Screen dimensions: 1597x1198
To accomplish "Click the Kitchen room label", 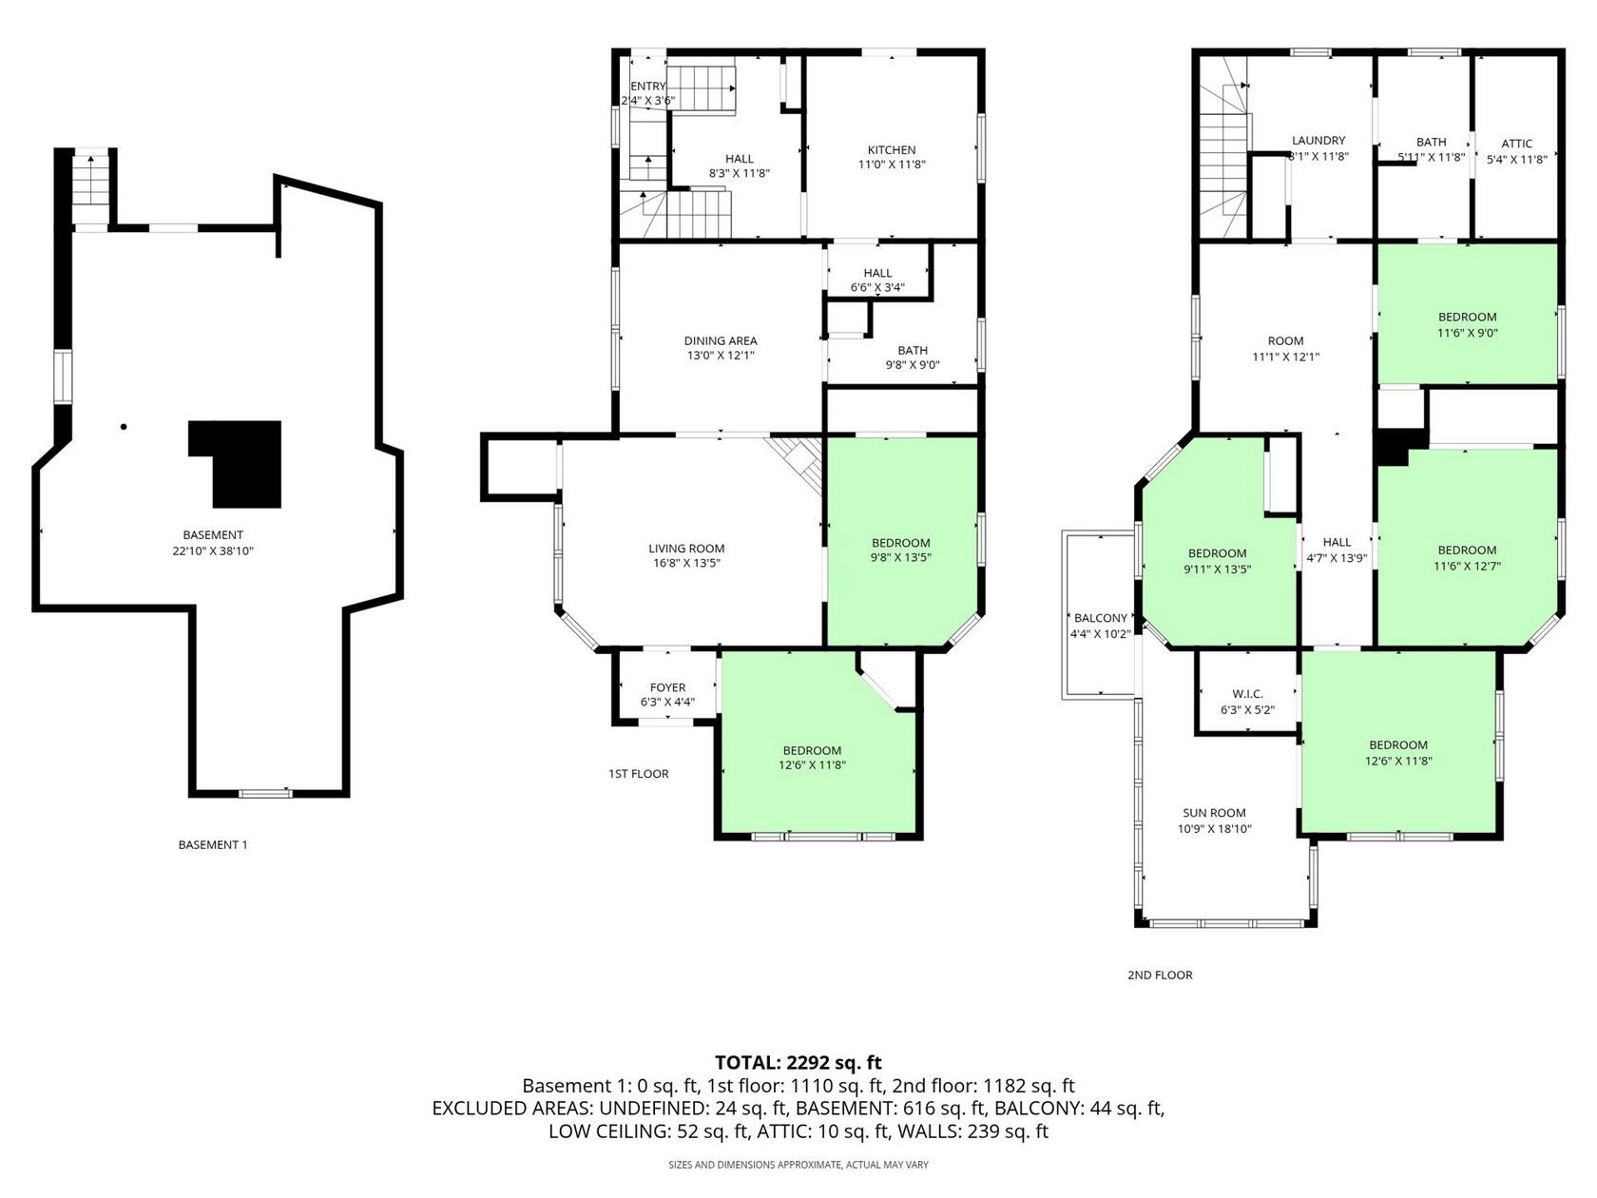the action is tap(892, 150).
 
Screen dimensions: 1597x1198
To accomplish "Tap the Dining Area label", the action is tap(721, 340).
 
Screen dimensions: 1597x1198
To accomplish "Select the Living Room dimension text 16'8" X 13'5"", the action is tap(687, 563).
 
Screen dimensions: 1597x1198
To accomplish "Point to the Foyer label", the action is tap(667, 687).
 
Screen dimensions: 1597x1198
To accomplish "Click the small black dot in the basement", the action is tap(124, 427).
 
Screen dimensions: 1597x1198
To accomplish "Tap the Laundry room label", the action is tap(1318, 141).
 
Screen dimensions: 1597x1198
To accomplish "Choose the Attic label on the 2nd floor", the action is tap(1516, 144).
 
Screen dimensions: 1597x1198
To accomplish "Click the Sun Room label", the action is tap(1214, 813).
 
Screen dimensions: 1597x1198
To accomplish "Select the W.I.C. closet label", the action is tap(1248, 694).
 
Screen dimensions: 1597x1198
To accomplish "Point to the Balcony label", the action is tap(1100, 618).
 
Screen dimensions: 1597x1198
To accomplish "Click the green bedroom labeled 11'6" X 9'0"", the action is tap(1467, 313).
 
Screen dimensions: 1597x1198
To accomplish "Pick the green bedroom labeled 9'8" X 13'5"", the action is tap(902, 542).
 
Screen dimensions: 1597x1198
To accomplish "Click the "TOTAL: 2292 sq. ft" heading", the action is tap(798, 1063).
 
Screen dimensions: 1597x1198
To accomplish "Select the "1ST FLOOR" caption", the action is tap(638, 774).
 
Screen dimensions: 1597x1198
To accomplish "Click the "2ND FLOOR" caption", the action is tap(1160, 975).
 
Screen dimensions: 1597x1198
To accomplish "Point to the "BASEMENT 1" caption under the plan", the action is tap(212, 844).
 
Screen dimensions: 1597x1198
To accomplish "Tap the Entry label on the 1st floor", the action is tap(647, 86).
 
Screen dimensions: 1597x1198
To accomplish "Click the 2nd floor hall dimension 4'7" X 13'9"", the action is tap(1337, 559).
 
